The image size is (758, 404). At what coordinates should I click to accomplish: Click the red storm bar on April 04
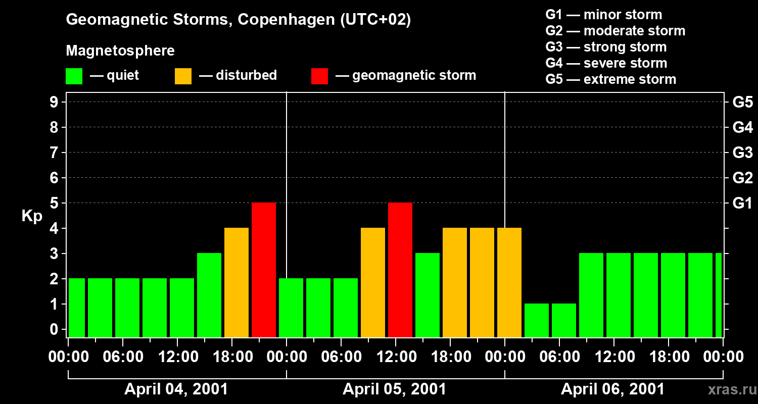pos(264,270)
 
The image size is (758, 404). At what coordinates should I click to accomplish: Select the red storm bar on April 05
pos(400,270)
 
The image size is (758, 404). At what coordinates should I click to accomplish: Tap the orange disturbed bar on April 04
pos(236,282)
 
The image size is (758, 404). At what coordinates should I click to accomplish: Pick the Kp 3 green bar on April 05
pos(428,295)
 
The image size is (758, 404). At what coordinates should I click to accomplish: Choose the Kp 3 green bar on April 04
pos(209,295)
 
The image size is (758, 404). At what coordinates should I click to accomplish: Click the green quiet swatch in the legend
pos(74,76)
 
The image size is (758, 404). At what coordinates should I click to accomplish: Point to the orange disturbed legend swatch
pos(183,76)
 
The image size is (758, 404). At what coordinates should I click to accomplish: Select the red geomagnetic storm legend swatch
pos(320,76)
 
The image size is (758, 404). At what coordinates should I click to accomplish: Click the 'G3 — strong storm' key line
pos(606,47)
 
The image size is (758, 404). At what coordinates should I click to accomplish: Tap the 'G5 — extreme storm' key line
pos(610,79)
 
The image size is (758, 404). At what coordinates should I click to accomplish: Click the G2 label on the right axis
pos(742,178)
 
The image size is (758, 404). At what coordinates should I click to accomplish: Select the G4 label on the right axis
pos(742,127)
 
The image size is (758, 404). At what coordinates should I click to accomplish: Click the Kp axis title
pos(32,216)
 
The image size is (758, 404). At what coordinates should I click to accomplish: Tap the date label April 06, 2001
pos(613,389)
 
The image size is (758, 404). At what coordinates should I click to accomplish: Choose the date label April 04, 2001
pos(176,389)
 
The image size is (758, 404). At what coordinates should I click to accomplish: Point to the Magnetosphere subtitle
pos(120,51)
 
